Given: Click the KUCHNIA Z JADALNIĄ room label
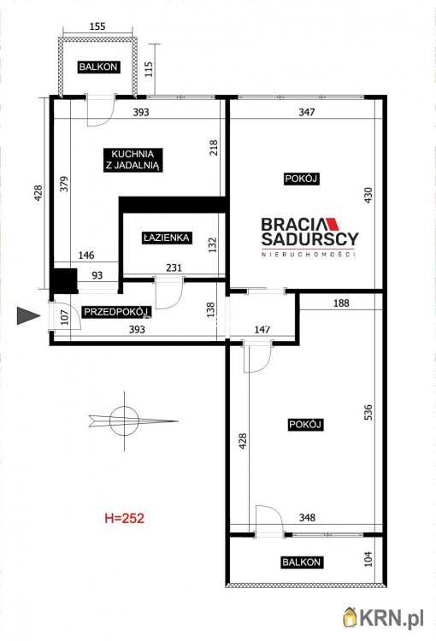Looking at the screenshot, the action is coord(133,160).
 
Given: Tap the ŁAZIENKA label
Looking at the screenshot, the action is coord(167,238).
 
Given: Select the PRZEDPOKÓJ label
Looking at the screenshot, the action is coord(115,312).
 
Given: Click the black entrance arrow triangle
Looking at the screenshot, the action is coord(28,315).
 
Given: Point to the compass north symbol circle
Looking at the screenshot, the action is coord(124,420).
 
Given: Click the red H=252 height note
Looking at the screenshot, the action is coord(124,519).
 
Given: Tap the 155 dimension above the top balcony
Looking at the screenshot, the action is coord(97,26).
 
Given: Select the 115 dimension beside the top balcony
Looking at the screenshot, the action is coord(149,69).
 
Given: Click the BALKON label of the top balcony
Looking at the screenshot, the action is coord(98,67).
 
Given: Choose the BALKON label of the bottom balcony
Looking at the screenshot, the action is coord(302,562).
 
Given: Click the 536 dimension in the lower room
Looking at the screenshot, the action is coord(368,413).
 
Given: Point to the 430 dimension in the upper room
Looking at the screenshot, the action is coord(368,196).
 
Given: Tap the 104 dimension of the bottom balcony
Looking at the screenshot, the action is coord(368,559).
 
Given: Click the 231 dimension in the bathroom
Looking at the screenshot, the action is coord(174,268).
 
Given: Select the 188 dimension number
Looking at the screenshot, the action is coord(341,303).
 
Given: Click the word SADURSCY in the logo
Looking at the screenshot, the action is coord(310,238).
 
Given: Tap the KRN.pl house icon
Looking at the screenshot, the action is coord(350,617).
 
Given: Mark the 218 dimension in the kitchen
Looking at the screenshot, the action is coord(214,148).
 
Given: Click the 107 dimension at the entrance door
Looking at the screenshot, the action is coord(65,317).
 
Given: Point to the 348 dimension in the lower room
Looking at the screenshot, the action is coord(307,518).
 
